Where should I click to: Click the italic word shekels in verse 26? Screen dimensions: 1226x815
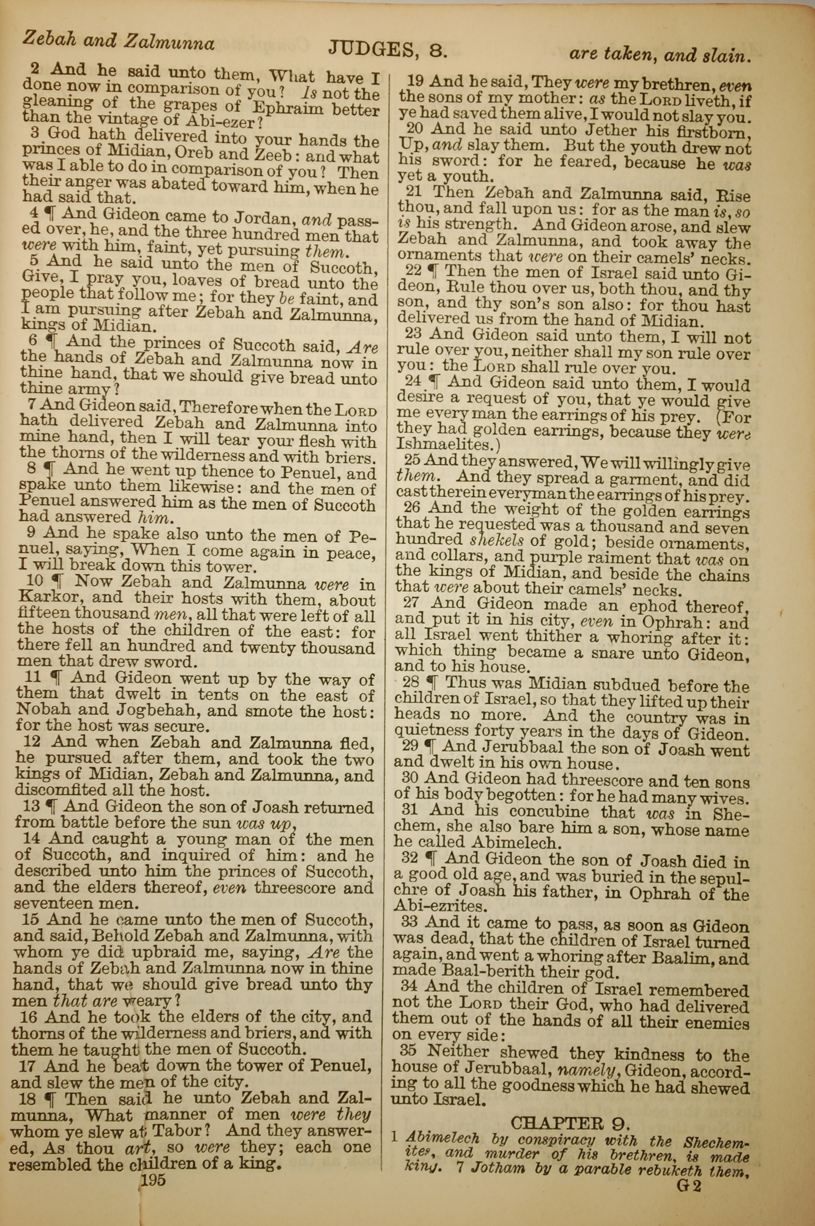496,540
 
